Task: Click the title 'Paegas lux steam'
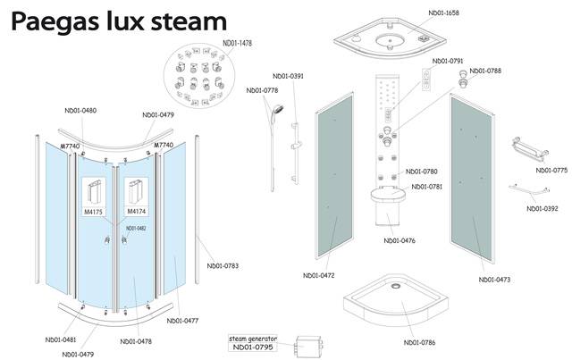122,19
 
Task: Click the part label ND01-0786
420,342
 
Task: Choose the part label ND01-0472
319,274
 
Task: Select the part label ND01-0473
493,280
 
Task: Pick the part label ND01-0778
262,90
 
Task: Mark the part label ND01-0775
551,170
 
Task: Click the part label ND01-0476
400,240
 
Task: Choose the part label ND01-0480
81,111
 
